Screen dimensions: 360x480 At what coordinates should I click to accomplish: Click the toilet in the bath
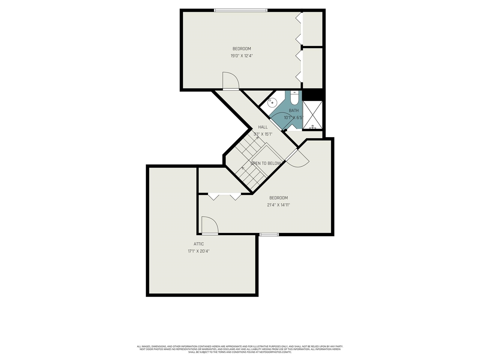point(294,98)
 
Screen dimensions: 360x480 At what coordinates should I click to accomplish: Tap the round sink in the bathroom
point(273,102)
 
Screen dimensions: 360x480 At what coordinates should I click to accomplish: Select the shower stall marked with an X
point(312,115)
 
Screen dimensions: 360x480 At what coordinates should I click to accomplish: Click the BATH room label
point(294,111)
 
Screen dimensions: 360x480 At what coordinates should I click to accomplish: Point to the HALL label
point(263,127)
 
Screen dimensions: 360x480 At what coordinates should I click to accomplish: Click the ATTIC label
point(199,244)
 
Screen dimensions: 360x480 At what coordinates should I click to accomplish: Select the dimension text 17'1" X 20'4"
point(199,251)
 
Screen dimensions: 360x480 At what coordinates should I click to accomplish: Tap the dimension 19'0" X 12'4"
point(242,56)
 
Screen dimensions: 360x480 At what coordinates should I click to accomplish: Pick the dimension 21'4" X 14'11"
point(279,205)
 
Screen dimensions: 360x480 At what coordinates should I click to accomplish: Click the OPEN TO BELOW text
point(265,163)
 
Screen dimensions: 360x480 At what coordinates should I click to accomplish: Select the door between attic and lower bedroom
point(209,226)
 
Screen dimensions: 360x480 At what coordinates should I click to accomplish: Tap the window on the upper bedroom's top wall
point(241,10)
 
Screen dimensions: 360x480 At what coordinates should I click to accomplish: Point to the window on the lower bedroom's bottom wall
point(269,235)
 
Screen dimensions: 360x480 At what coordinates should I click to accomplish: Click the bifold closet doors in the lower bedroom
point(224,196)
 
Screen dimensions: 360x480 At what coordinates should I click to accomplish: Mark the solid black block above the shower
point(313,94)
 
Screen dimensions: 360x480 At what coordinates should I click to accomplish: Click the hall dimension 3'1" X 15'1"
point(263,134)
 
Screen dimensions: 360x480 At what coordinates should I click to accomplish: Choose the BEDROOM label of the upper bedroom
point(242,49)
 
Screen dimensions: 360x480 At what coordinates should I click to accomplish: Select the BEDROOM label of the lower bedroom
point(279,198)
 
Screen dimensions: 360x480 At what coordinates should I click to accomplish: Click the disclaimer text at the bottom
point(240,349)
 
